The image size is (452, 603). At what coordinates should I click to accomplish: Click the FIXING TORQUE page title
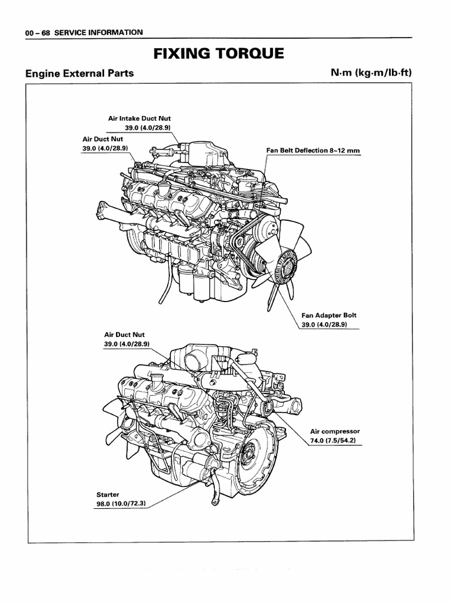point(218,55)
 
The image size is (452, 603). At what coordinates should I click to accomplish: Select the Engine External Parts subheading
point(79,74)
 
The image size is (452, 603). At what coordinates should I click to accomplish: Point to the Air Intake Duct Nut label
point(139,118)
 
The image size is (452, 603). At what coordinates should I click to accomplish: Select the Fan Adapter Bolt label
point(333,315)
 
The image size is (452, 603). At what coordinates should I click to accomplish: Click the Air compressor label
point(334,431)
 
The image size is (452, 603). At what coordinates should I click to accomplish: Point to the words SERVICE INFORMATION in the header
point(98,32)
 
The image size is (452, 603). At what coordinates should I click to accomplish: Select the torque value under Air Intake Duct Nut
point(147,127)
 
